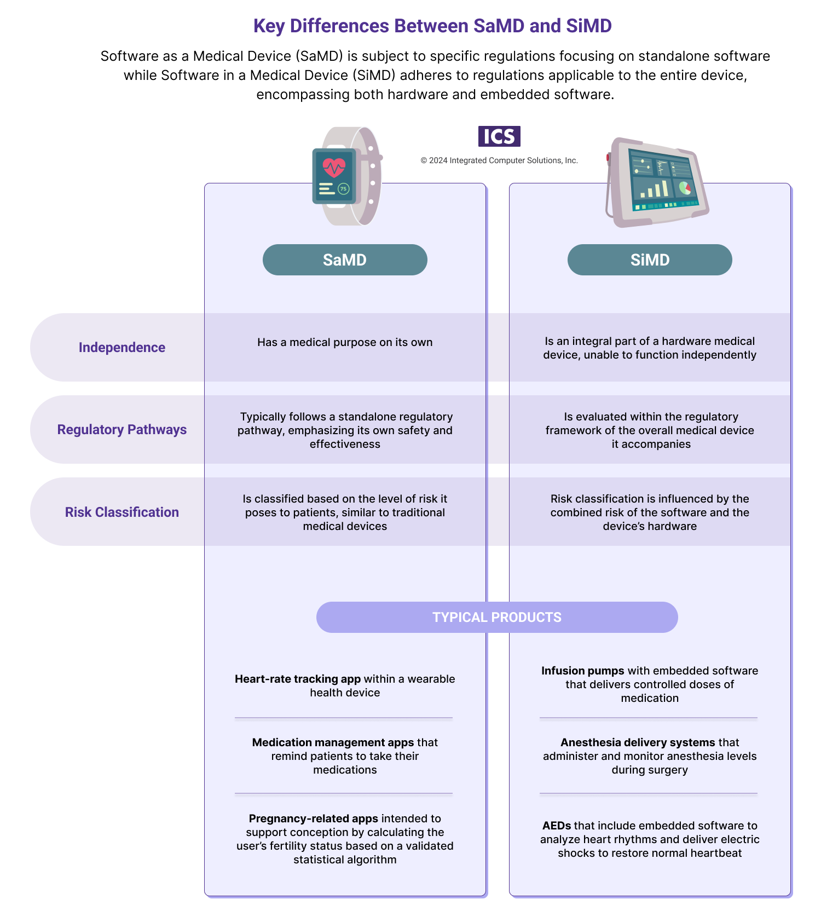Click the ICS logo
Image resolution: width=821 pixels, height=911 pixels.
pyautogui.click(x=499, y=136)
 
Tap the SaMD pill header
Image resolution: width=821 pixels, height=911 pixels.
pyautogui.click(x=345, y=260)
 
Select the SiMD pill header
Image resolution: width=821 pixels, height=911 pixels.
pyautogui.click(x=650, y=260)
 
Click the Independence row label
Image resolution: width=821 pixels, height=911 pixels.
pyautogui.click(x=122, y=347)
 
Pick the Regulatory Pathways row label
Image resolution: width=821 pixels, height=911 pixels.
pyautogui.click(x=122, y=429)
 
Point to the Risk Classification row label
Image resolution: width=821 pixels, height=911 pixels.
pyautogui.click(x=122, y=512)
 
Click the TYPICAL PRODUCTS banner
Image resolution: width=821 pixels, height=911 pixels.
pyautogui.click(x=497, y=617)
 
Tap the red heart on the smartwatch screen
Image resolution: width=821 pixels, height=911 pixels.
pyautogui.click(x=334, y=166)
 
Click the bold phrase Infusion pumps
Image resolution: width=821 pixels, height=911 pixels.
pyautogui.click(x=582, y=671)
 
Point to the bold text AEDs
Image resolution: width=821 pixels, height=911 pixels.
pyautogui.click(x=557, y=826)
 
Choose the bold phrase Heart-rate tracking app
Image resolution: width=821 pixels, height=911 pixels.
pyautogui.click(x=298, y=679)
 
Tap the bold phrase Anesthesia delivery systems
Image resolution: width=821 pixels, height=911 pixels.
pyautogui.click(x=638, y=742)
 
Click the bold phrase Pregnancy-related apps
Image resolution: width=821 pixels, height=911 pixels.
pyautogui.click(x=313, y=818)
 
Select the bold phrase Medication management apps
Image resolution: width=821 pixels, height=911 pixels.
pyautogui.click(x=333, y=742)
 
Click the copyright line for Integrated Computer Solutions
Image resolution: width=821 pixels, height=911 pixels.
pyautogui.click(x=499, y=160)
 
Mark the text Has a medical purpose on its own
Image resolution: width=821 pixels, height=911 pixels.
pyautogui.click(x=345, y=342)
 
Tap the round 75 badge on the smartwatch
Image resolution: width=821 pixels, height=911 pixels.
pyautogui.click(x=343, y=189)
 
